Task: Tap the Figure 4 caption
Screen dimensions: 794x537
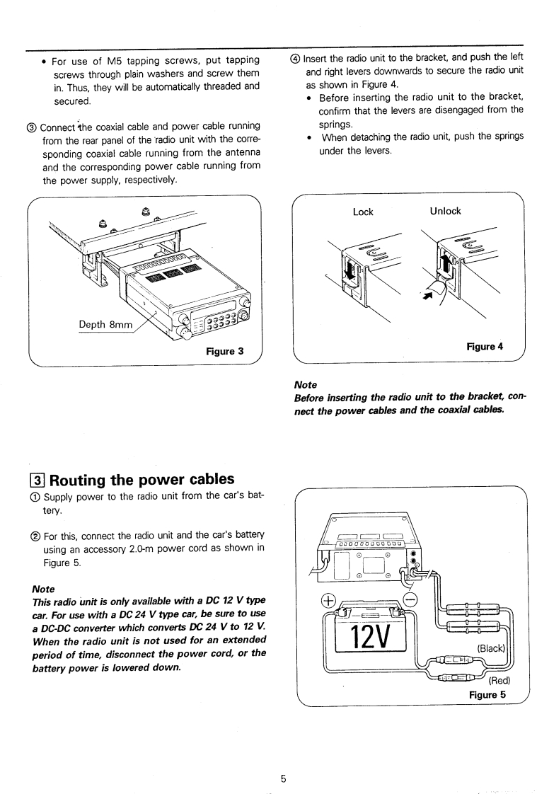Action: coord(485,347)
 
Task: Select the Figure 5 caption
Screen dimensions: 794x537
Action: coord(487,694)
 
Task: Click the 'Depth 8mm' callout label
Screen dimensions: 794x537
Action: coord(106,325)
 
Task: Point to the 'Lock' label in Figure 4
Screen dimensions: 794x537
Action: coord(363,212)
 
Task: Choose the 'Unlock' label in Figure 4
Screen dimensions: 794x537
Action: coord(445,211)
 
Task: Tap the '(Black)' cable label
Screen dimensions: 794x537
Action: coord(494,648)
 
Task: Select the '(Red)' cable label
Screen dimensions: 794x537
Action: coord(500,681)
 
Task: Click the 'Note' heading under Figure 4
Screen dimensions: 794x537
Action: coord(305,385)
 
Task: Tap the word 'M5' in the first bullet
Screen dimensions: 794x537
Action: coord(115,61)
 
